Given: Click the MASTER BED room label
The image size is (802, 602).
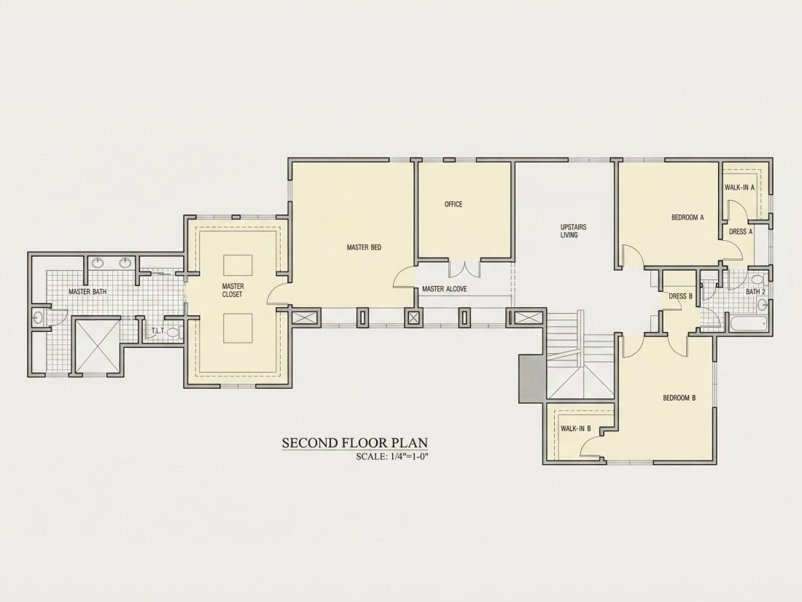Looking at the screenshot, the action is [x=364, y=248].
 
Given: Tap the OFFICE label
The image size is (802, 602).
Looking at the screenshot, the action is [x=453, y=204].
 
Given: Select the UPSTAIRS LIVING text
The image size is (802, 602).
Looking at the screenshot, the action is [x=573, y=231].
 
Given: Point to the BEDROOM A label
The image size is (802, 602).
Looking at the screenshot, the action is [x=688, y=217].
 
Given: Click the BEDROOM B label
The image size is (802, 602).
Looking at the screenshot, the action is [x=680, y=398].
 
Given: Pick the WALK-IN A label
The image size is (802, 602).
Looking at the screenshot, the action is [x=739, y=188].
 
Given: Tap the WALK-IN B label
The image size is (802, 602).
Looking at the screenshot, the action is [x=575, y=428].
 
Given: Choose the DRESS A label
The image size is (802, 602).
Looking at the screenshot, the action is [x=741, y=231].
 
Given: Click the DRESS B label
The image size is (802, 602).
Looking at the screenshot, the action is [x=680, y=296].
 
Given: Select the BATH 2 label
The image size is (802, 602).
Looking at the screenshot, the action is [x=755, y=292].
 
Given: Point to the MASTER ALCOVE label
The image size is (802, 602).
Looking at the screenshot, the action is [x=445, y=289].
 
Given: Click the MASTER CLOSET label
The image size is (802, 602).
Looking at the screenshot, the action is [x=233, y=290].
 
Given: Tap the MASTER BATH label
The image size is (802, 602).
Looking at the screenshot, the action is [x=87, y=292].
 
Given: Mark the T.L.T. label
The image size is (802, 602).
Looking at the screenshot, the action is [x=158, y=331].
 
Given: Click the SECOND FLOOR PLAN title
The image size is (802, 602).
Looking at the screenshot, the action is [x=355, y=442].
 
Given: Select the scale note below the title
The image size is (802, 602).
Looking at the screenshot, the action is [x=392, y=457].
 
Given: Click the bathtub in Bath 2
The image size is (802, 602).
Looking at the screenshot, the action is [x=749, y=323].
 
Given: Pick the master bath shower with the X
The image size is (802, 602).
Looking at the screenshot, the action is [x=97, y=345].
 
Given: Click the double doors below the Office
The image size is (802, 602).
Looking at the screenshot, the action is [x=464, y=269].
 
